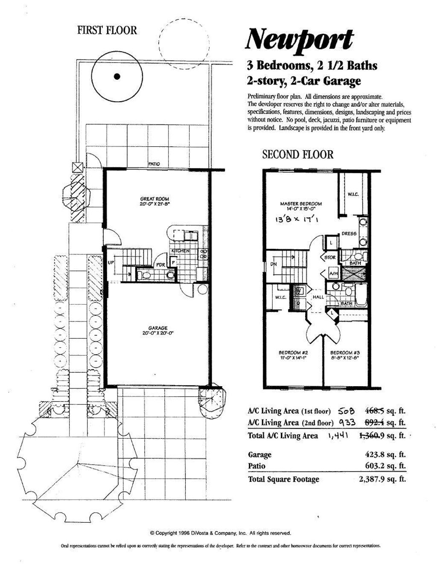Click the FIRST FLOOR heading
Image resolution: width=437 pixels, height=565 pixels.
coord(107,30)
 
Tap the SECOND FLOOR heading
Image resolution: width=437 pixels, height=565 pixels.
coord(297,154)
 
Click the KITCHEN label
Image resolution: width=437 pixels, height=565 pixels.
coord(180,251)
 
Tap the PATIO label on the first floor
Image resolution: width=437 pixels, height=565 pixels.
coord(154,164)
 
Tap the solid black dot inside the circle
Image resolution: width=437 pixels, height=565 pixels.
coord(117,77)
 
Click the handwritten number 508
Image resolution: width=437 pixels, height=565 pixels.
coord(346,411)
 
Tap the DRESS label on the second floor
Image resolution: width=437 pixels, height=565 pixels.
coord(349,234)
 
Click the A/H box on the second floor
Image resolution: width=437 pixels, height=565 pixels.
coord(333,273)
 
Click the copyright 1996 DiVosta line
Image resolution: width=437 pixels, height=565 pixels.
coord(220,533)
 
